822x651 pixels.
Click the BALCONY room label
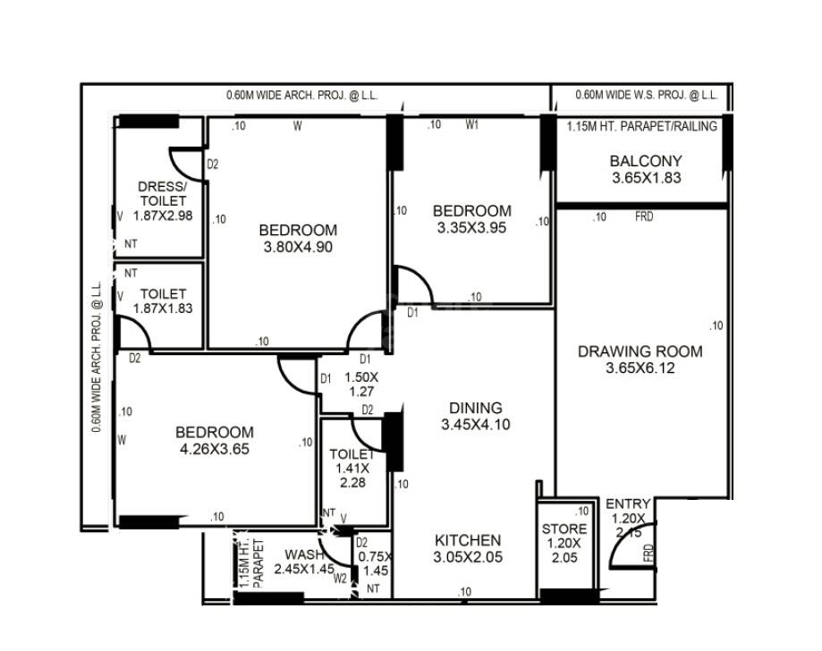[646, 162]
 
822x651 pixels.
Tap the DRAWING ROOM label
[640, 351]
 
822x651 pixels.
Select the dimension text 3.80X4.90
[298, 247]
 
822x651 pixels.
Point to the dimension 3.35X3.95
[472, 228]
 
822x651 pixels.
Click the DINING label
[475, 408]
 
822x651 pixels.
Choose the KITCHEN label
[468, 540]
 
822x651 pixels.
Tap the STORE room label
[564, 529]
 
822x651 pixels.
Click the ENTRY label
[628, 504]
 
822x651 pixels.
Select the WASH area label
[303, 554]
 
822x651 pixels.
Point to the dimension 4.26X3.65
[214, 449]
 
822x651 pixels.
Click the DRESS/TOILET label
[162, 194]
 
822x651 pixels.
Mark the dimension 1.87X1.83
[162, 309]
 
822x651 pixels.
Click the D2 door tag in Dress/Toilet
[213, 165]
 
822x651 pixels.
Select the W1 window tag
[472, 126]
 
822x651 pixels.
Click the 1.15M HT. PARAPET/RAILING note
[641, 127]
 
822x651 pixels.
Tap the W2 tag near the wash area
[340, 578]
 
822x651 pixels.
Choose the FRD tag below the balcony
[643, 216]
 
